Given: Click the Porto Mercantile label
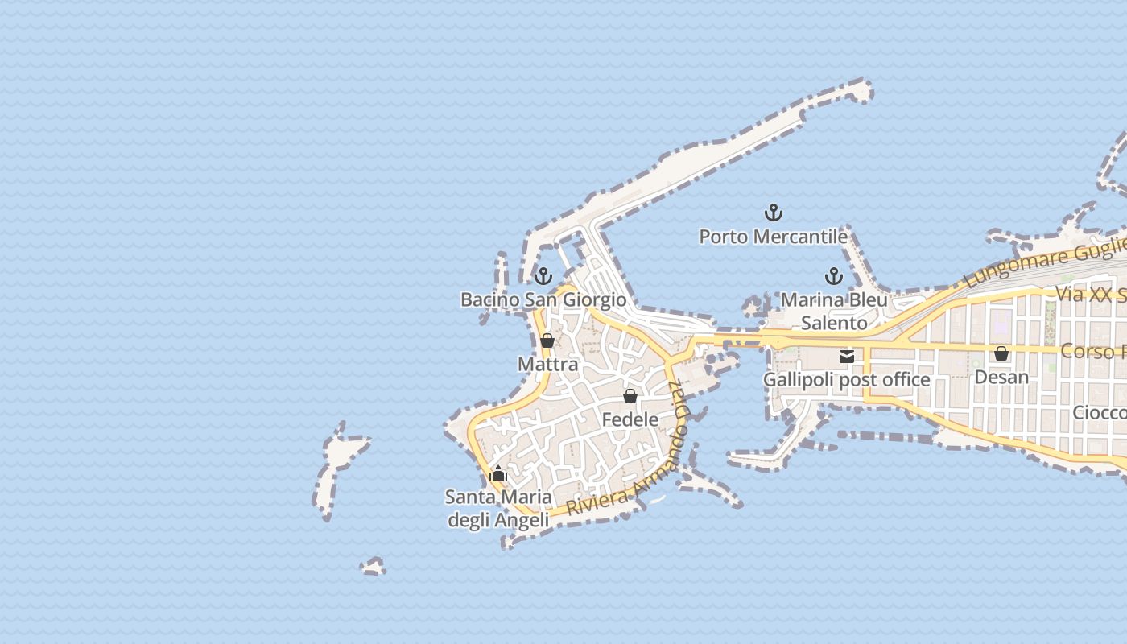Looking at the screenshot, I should tap(773, 237).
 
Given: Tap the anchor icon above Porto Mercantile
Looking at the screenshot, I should tap(773, 213).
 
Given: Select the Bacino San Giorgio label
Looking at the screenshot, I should tap(543, 300).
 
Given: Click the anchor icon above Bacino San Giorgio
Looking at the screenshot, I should tap(543, 277).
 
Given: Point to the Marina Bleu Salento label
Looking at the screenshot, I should tap(834, 312).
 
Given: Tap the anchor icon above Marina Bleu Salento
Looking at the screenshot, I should tap(834, 277).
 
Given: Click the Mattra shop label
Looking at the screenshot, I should tap(547, 365).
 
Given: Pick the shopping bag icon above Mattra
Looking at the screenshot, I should tap(547, 341).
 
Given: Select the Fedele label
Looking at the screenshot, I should tap(630, 419).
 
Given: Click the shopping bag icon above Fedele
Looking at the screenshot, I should tap(630, 396).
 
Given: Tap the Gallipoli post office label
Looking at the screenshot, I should tap(846, 379).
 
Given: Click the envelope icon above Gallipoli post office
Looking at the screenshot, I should tap(846, 356).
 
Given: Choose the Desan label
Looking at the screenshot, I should tap(1001, 377).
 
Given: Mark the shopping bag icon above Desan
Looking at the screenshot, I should tap(1001, 353).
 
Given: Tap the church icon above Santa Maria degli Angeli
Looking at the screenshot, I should tap(498, 473).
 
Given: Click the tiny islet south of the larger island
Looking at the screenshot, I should tap(373, 567).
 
